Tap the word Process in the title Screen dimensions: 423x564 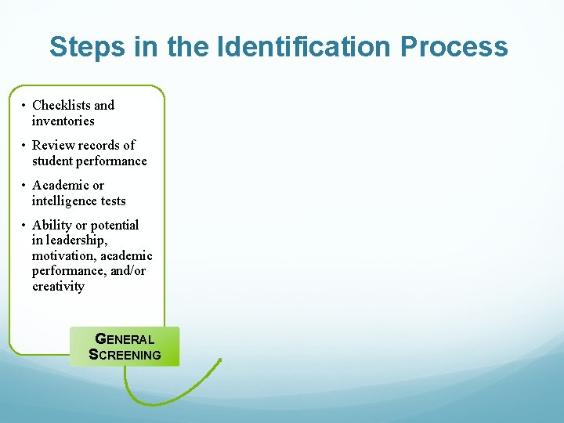click(x=454, y=47)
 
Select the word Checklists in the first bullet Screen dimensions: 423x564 click(x=62, y=105)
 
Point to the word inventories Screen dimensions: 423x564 click(x=63, y=121)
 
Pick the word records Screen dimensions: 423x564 click(x=97, y=145)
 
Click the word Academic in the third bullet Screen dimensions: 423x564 click(x=60, y=186)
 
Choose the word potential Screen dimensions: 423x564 click(x=115, y=226)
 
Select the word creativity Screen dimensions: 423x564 click(x=58, y=286)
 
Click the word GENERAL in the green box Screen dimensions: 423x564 click(x=125, y=339)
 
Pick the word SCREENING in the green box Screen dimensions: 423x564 click(x=125, y=354)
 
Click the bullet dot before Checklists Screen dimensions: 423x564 click(x=24, y=105)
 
